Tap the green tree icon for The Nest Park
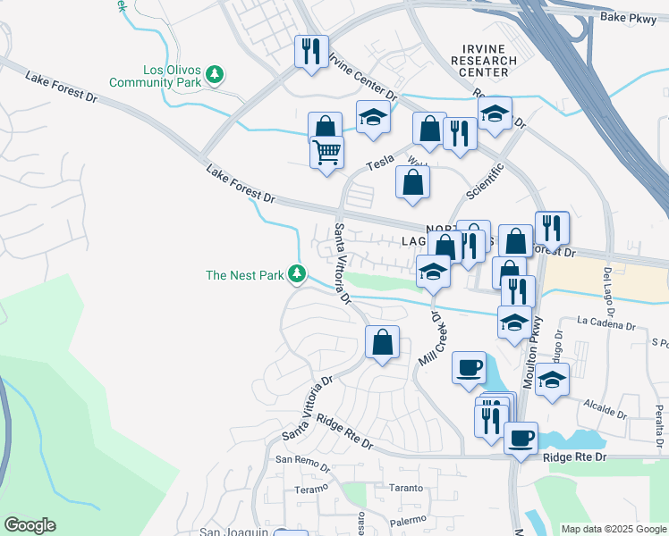(x=298, y=275)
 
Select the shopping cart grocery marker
(x=327, y=153)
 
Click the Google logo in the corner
(x=30, y=525)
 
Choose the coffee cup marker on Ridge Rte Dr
(x=521, y=439)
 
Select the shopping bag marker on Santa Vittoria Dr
(x=382, y=342)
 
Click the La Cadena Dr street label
(x=612, y=320)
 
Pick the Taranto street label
(x=393, y=488)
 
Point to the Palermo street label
(x=406, y=520)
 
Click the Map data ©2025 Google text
(x=614, y=529)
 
